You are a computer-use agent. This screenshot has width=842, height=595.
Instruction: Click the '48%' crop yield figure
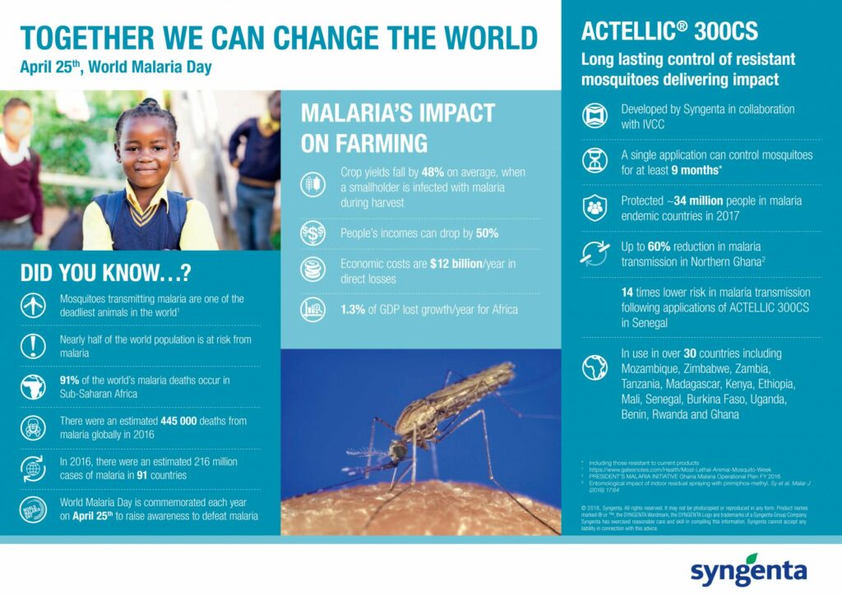(x=434, y=173)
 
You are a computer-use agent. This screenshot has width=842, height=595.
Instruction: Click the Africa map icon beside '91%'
(x=33, y=386)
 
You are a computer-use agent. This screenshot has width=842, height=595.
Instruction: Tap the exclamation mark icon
(x=33, y=346)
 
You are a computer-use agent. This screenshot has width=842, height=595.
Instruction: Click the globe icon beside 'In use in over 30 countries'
(x=594, y=367)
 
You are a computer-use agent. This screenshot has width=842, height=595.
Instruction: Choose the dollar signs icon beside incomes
(x=312, y=233)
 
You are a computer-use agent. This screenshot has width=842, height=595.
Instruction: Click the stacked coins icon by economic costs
(x=312, y=270)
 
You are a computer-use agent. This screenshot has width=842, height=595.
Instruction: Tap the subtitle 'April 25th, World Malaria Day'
(x=116, y=67)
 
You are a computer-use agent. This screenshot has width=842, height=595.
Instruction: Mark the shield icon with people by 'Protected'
(x=594, y=208)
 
